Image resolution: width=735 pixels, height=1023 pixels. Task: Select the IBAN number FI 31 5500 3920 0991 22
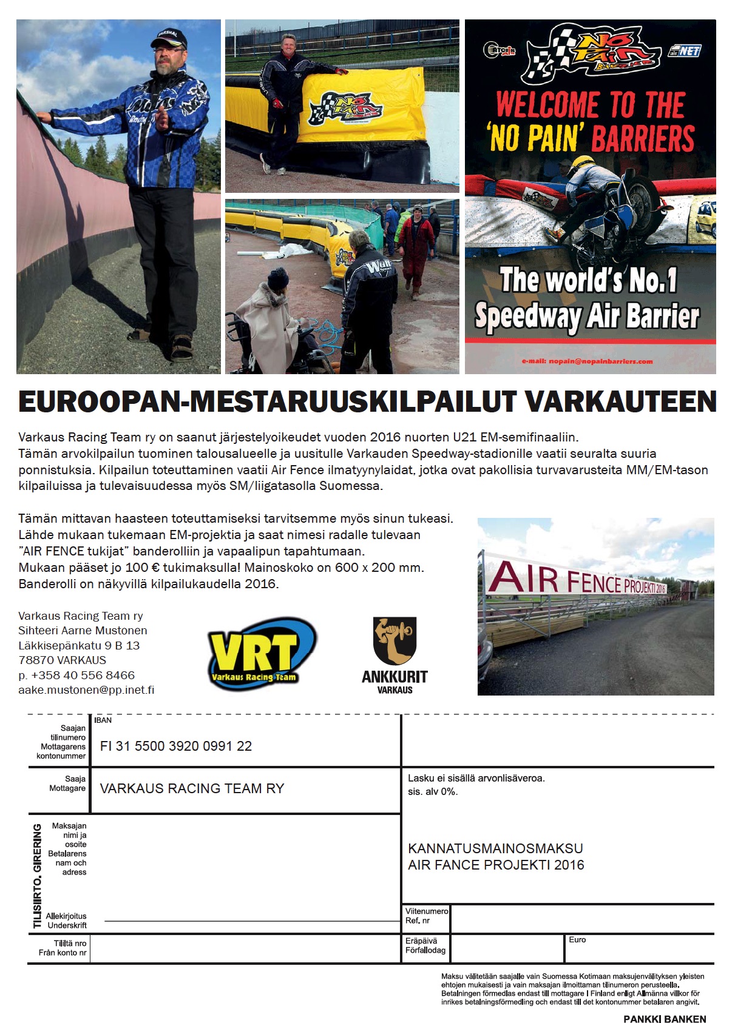(176, 746)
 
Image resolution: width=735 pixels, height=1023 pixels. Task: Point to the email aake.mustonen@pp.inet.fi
(86, 690)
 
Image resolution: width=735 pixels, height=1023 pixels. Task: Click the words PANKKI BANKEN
(665, 1019)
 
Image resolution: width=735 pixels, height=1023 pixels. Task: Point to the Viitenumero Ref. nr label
(427, 916)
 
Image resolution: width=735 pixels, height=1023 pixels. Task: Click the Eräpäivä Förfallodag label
(425, 945)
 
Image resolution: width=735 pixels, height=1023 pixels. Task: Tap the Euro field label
(577, 940)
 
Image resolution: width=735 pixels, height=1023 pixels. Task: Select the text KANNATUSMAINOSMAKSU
(495, 848)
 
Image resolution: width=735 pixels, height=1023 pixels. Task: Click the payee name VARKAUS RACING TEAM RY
(192, 788)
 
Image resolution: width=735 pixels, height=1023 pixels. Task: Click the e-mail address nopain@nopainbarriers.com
(587, 361)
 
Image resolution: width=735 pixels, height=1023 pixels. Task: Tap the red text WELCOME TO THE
(590, 104)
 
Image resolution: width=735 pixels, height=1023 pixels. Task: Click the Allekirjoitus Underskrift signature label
(66, 921)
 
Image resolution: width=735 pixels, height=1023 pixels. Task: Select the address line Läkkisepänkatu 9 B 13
(79, 645)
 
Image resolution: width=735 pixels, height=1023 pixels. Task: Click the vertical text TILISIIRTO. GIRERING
(38, 876)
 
